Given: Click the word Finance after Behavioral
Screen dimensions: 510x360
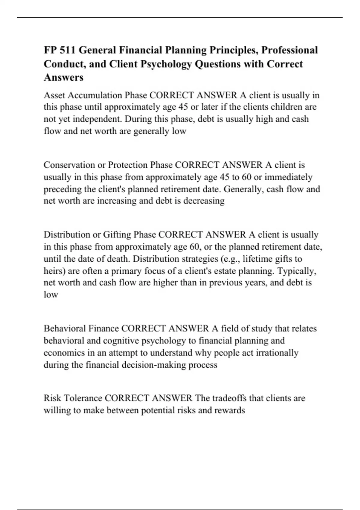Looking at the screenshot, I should pos(104,328).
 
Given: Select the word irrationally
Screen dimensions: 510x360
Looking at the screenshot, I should pos(277,353).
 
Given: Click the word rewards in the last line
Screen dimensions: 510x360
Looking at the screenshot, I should pos(229,410).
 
